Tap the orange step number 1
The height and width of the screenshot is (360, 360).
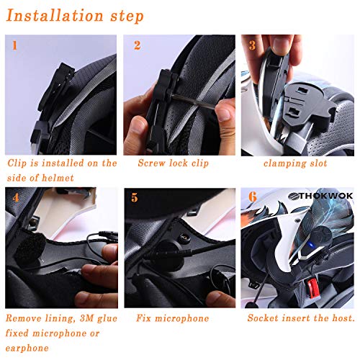pos(13,47)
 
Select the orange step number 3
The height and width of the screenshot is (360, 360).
pos(251,45)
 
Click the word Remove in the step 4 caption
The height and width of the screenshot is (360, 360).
pos(26,317)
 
